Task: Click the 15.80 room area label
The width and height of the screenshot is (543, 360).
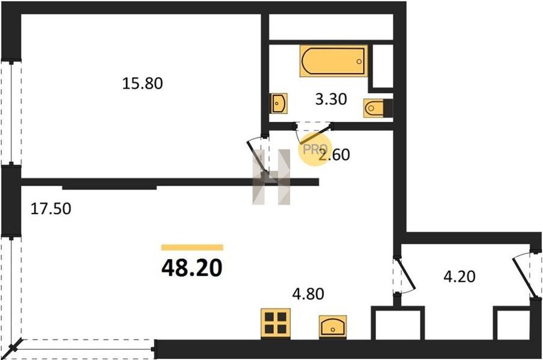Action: pos(142,83)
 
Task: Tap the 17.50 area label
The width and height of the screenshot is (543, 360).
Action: pos(51,209)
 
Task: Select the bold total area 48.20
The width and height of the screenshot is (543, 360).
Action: pos(192,268)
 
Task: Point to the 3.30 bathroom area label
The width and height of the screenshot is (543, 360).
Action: pos(331,99)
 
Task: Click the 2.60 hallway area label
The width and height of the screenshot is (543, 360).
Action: pos(334,154)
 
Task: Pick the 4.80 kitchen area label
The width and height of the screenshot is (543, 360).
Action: pos(308,294)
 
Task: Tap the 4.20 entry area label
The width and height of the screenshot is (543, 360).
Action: pos(459,277)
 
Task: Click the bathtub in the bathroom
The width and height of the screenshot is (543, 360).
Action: pos(334,61)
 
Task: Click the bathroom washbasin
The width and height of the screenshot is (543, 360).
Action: pos(279,103)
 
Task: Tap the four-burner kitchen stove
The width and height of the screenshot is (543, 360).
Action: pos(276,324)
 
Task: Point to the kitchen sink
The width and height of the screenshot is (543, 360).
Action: pos(333,326)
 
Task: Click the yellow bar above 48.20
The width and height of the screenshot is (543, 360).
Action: pos(192,247)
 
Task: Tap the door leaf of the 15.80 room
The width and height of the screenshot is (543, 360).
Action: pos(257,156)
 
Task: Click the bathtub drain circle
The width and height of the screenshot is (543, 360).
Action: pos(359,62)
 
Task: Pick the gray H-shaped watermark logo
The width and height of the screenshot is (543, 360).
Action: pos(271,177)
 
